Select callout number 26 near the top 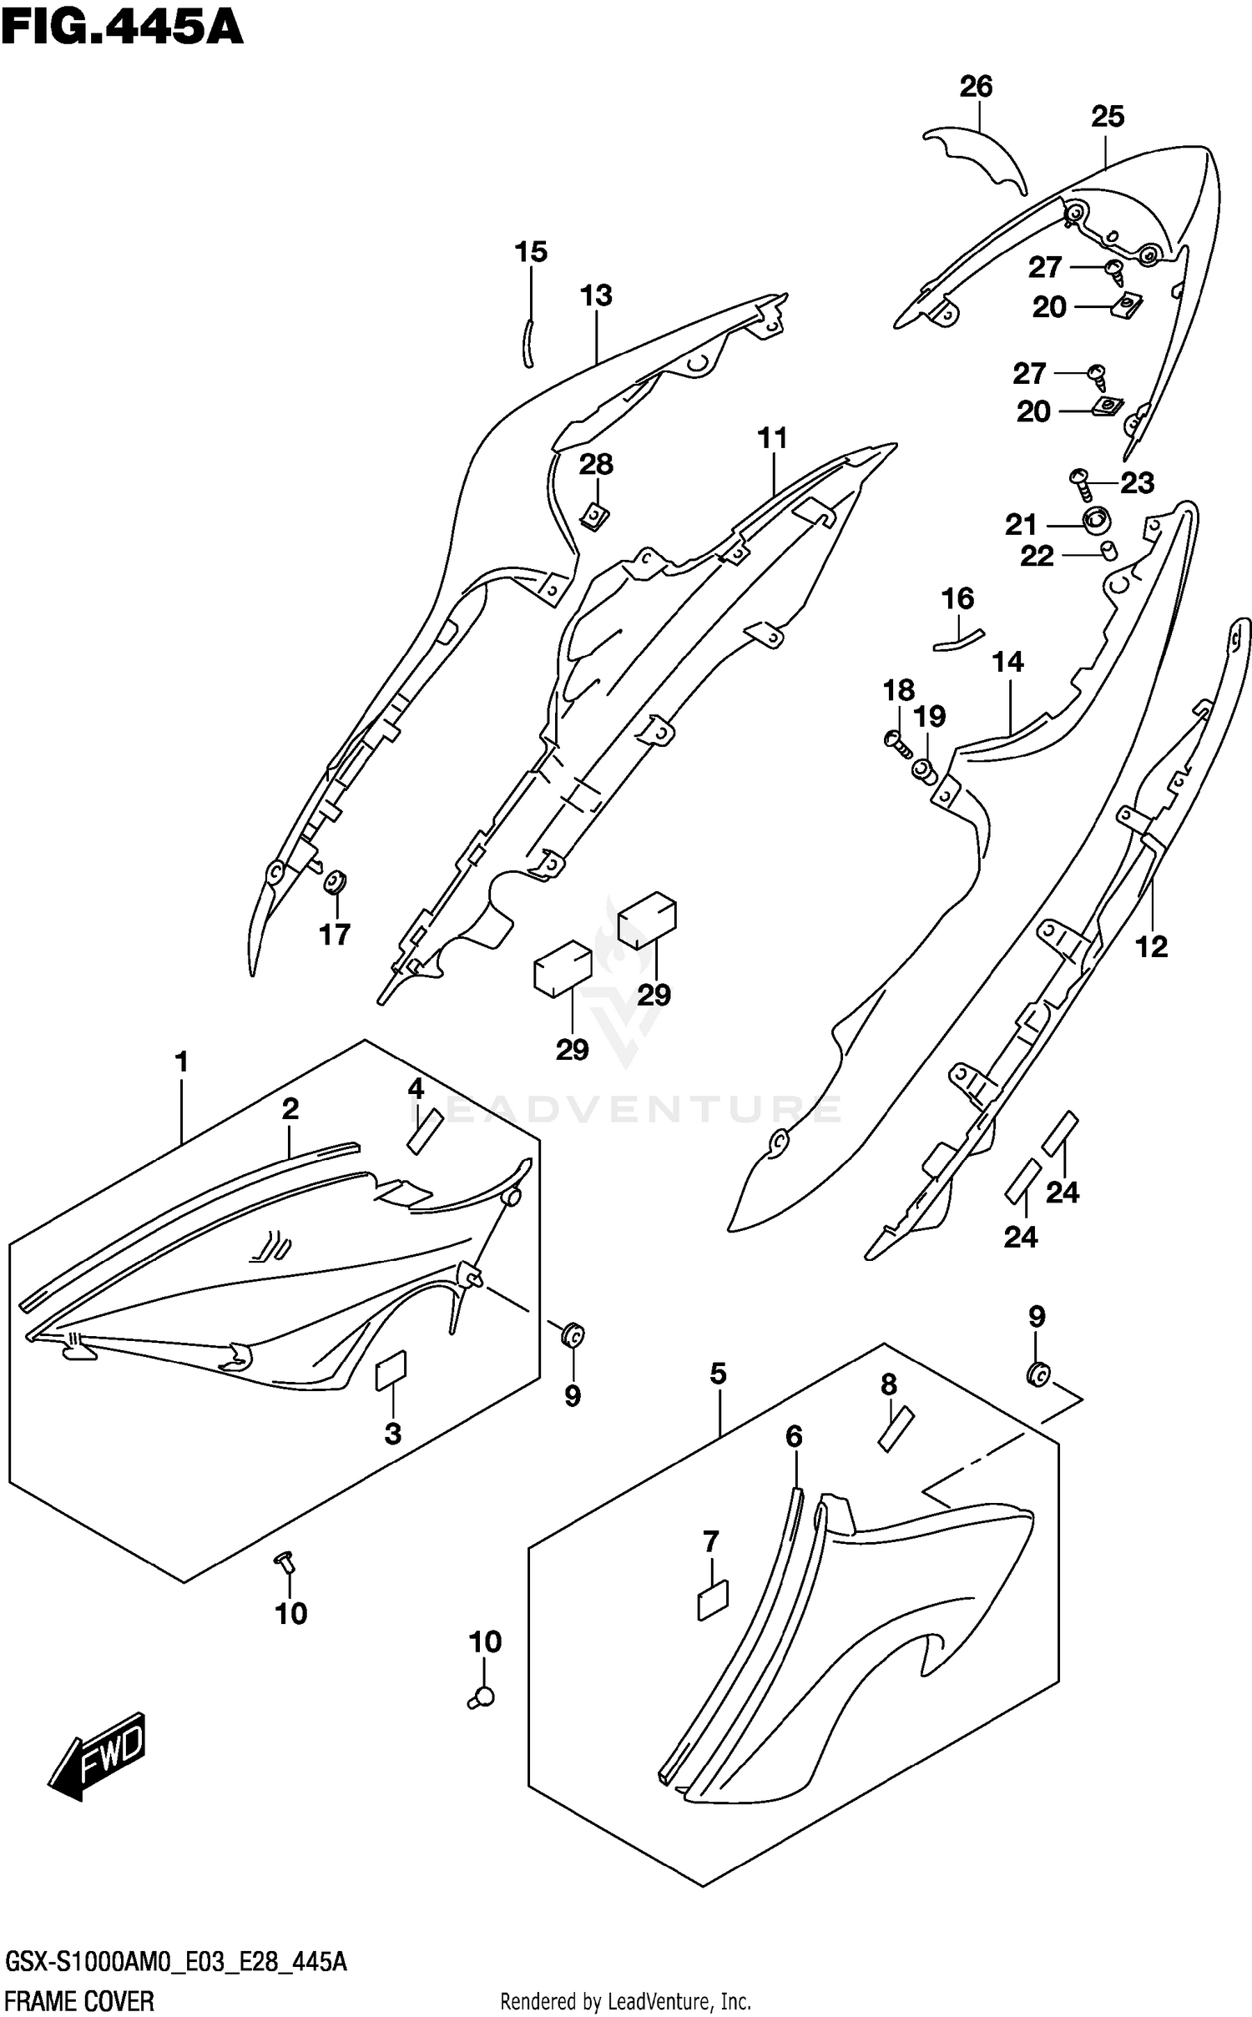click(976, 87)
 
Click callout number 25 click(1108, 117)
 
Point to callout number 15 click(531, 252)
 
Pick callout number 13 click(597, 295)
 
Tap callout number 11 click(773, 438)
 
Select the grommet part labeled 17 click(336, 880)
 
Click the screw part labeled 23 click(1081, 480)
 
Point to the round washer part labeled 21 click(1096, 522)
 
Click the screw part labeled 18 click(896, 740)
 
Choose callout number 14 click(1008, 663)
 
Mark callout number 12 click(1152, 946)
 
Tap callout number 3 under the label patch click(392, 1434)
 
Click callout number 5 click(719, 1374)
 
